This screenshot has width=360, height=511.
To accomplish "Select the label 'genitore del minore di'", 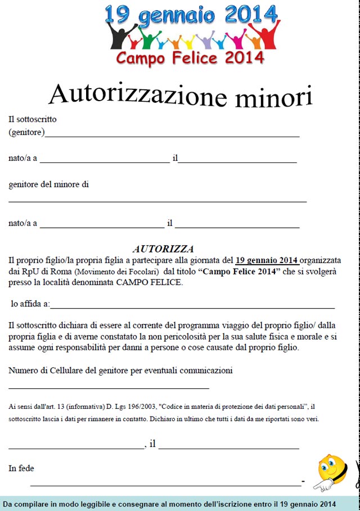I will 48,184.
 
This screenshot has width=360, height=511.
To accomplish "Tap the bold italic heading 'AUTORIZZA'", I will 163,248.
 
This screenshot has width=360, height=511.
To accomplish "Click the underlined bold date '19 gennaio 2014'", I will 267,260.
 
